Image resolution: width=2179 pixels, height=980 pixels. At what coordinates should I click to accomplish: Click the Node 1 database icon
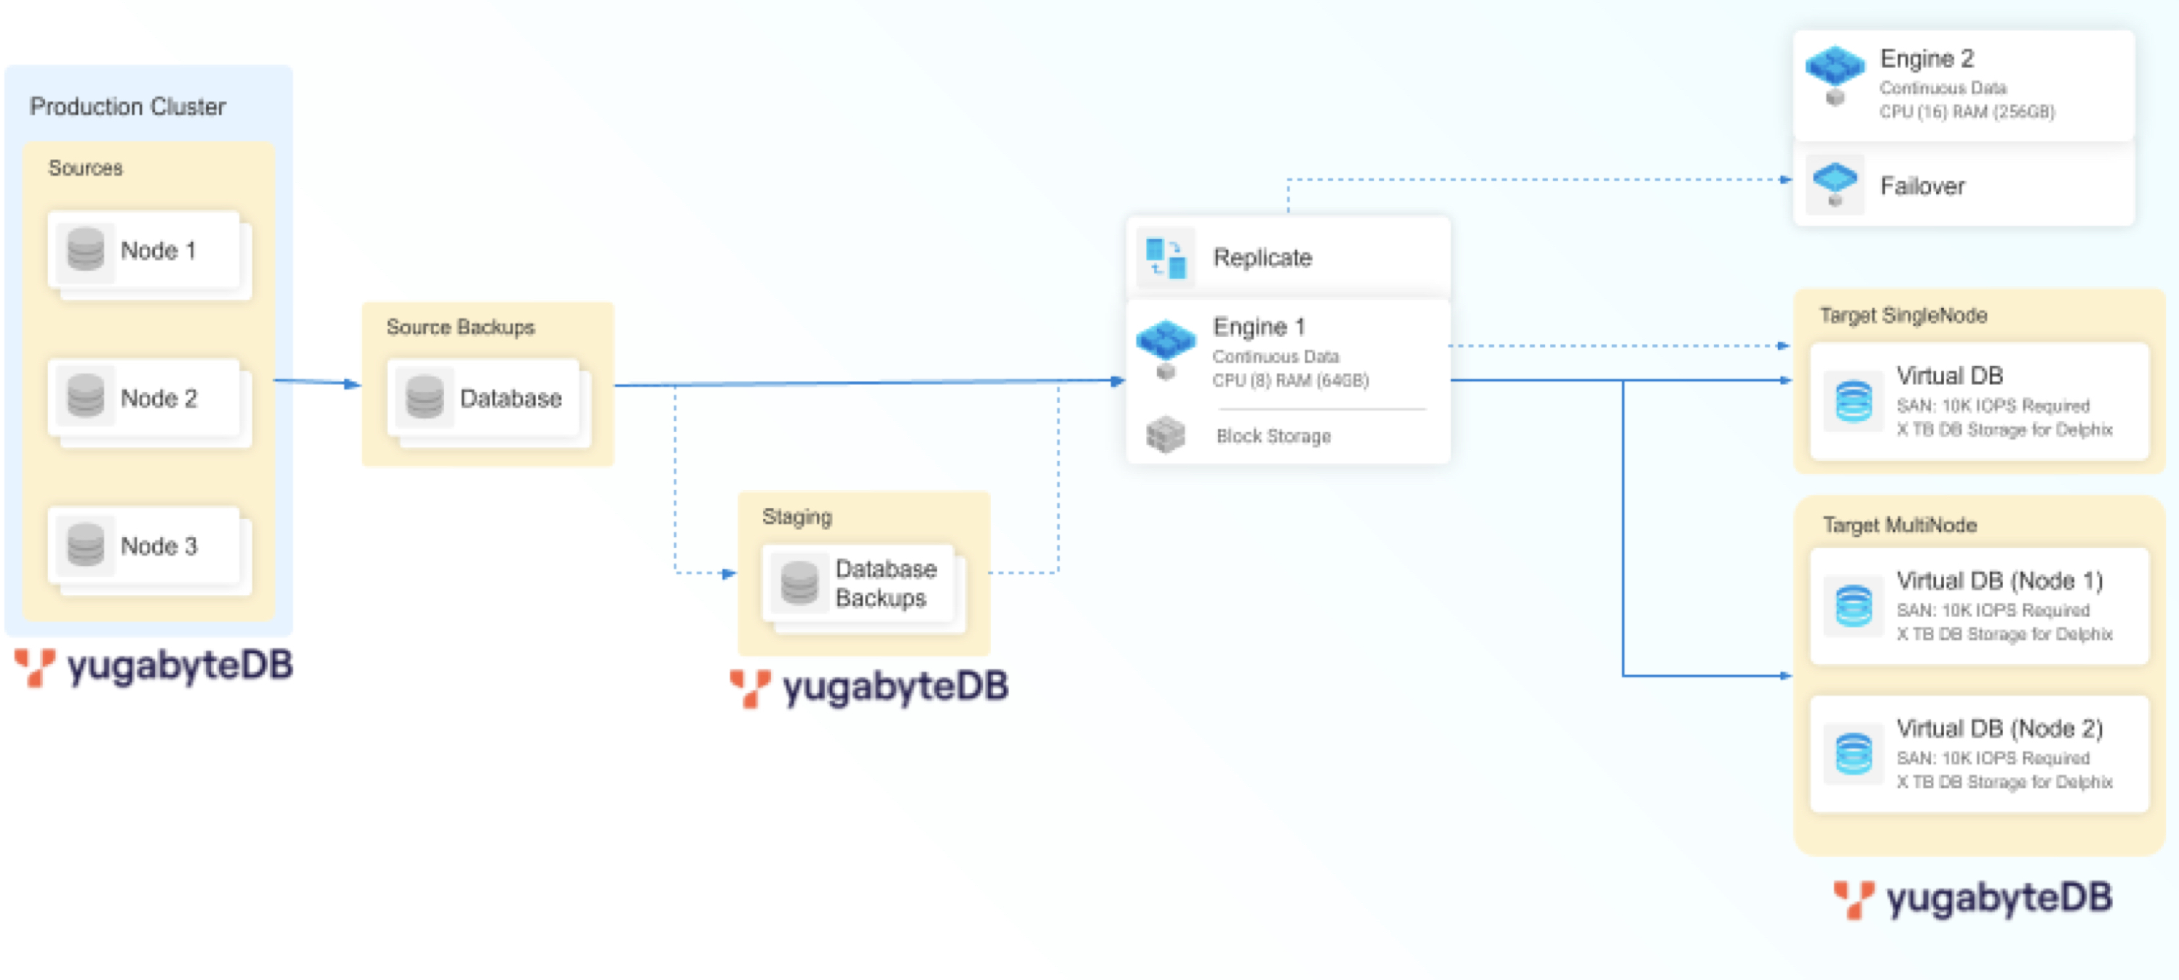point(86,250)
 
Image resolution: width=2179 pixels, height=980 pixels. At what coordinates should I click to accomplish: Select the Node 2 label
point(159,398)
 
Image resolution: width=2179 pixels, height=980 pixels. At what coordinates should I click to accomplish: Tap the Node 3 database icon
point(86,545)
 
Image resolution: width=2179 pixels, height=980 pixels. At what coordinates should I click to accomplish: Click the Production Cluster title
point(128,107)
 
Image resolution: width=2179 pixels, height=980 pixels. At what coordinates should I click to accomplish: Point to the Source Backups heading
point(460,327)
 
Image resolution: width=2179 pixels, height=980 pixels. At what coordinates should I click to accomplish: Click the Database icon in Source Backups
point(424,397)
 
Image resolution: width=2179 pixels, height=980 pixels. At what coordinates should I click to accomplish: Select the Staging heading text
point(797,516)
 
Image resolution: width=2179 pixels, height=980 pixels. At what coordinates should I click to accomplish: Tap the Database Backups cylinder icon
point(799,582)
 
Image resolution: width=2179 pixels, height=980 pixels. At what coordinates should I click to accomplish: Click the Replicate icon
point(1166,257)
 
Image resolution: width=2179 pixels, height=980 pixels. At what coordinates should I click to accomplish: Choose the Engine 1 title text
point(1259,327)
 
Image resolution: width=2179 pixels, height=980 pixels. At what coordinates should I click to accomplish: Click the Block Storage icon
point(1166,435)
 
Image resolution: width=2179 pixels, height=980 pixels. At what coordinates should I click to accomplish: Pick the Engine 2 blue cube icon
point(1834,68)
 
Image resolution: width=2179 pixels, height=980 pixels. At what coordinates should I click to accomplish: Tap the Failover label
point(1921,186)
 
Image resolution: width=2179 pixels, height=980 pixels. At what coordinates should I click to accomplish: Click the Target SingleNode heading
point(1903,316)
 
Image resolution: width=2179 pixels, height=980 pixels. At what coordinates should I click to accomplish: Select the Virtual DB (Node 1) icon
point(1853,606)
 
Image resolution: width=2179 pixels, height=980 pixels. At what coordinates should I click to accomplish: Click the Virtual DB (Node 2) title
point(2000,728)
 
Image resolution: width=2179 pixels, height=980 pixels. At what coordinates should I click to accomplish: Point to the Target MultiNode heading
point(1900,525)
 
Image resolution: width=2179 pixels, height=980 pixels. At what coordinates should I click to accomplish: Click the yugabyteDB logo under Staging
point(870,686)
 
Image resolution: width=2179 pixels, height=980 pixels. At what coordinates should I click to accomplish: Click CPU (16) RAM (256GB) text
point(1966,112)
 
